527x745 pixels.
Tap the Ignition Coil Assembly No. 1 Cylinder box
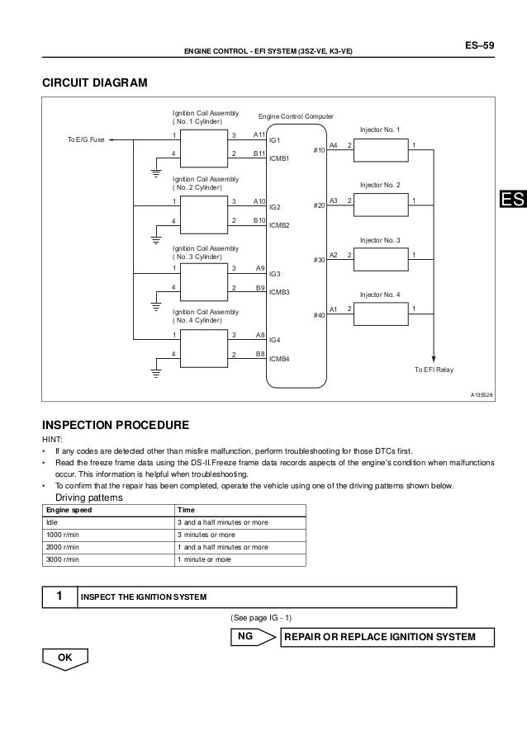pos(202,146)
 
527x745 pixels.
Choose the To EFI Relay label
pos(434,370)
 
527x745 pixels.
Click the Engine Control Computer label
pos(296,117)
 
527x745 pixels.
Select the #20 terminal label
pos(320,207)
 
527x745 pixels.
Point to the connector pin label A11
pos(259,134)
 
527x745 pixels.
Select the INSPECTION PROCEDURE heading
pos(116,425)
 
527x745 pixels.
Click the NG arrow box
pos(251,637)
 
